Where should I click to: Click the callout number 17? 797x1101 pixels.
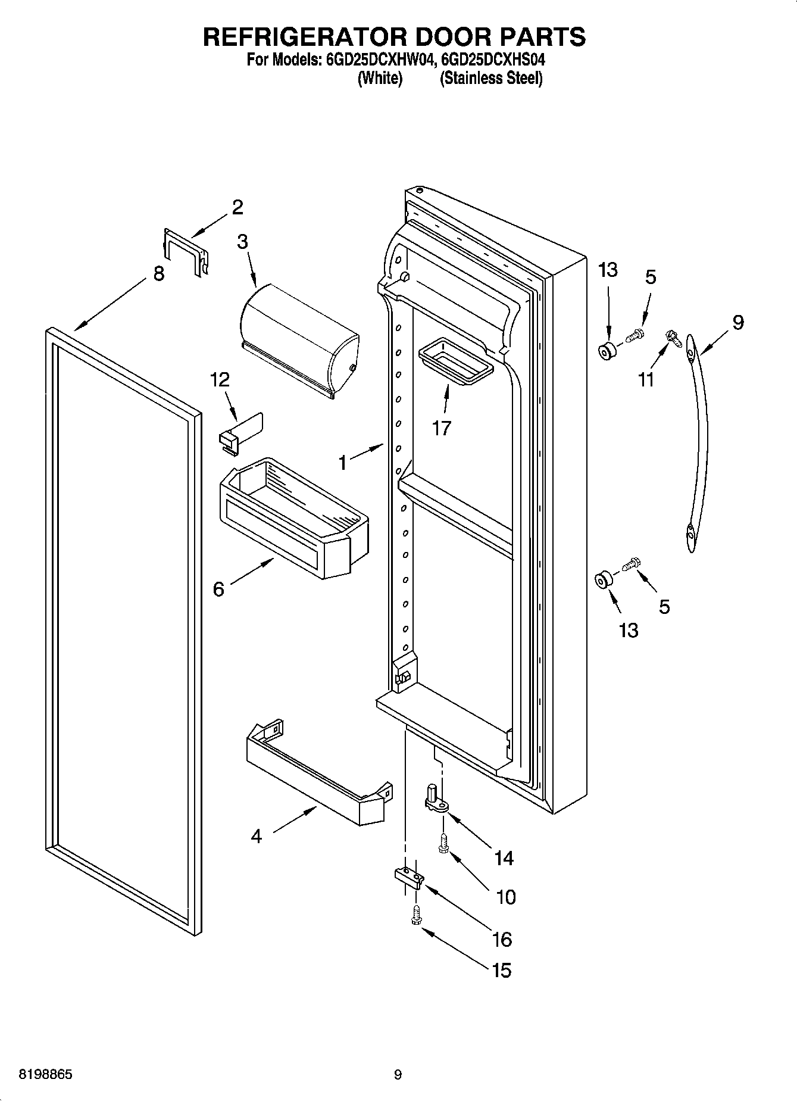(x=441, y=428)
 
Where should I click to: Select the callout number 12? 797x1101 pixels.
(x=220, y=379)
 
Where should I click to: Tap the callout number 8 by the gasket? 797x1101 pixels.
(x=158, y=273)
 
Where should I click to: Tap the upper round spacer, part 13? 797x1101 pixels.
(x=607, y=351)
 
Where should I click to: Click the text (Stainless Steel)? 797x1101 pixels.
(x=491, y=78)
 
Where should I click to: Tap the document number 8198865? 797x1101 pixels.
(x=46, y=1075)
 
